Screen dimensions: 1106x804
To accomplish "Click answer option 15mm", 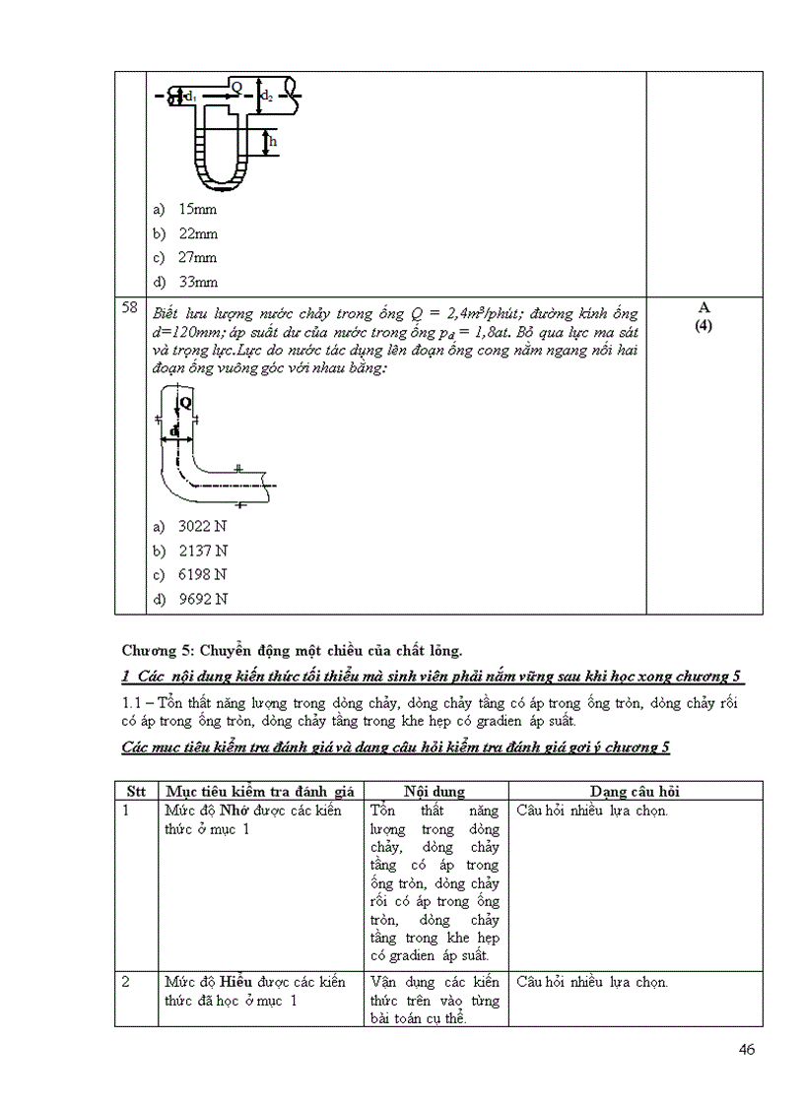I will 197,210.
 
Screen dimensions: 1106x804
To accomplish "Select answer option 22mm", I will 197,234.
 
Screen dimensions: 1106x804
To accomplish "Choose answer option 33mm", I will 197,283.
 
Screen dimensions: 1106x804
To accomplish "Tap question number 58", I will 129,308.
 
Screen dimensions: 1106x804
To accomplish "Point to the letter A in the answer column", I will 703,308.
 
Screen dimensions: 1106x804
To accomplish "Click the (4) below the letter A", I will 703,326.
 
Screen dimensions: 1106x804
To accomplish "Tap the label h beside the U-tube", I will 273,142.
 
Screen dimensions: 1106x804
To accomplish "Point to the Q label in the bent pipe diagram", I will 186,403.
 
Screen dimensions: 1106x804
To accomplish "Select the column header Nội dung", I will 435,792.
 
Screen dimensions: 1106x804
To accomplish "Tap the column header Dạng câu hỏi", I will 636,792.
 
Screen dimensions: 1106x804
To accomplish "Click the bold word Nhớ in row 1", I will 233,811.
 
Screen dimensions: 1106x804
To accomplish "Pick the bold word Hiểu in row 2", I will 234,982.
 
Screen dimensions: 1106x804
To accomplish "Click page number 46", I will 746,1049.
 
